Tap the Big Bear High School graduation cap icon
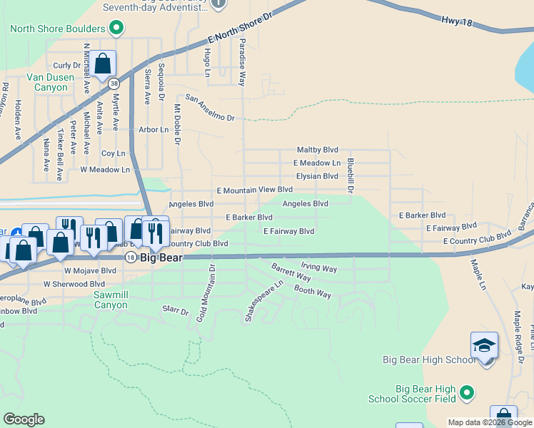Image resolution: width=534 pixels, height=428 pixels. point(484,346)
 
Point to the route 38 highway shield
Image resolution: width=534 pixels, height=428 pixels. point(114,83)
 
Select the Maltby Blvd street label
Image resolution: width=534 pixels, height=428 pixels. point(317,151)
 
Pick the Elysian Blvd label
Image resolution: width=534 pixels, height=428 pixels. point(317,176)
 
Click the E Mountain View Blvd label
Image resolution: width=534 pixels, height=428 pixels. point(255,190)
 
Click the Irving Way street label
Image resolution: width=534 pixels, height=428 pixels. point(318,268)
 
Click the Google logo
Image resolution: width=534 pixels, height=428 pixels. point(24,419)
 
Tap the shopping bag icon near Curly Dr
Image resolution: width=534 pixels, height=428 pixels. point(103,64)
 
